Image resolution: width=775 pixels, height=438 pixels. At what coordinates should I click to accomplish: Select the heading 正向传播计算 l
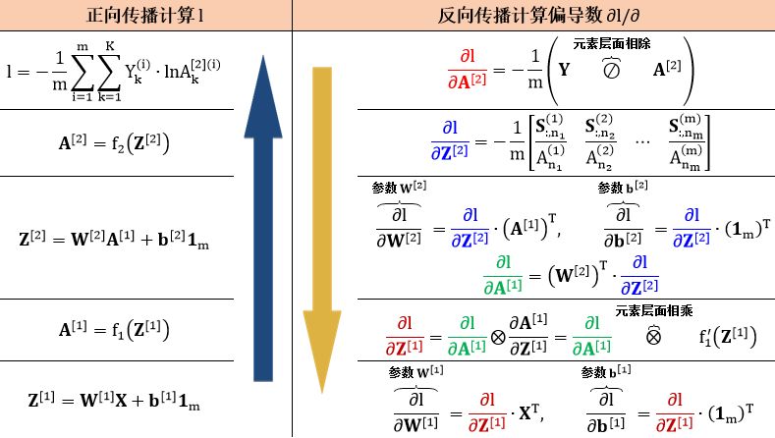[x=145, y=16]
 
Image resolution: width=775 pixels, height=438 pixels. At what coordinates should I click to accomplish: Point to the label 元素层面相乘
[x=656, y=310]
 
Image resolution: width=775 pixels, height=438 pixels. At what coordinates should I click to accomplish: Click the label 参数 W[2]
[x=397, y=187]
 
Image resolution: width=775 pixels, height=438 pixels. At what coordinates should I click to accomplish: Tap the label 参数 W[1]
[x=415, y=372]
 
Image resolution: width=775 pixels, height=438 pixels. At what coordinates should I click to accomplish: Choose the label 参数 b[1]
[x=607, y=372]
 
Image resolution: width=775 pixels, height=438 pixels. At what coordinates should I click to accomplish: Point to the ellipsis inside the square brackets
[x=640, y=141]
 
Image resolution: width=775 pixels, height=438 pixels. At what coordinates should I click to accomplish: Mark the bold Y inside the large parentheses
[x=564, y=71]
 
